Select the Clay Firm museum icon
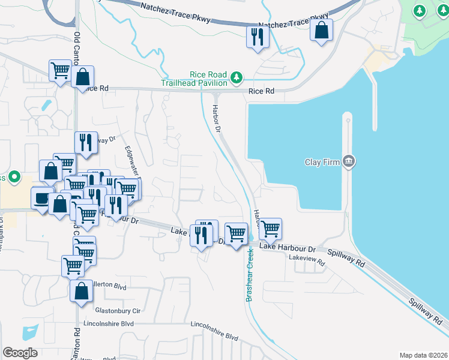[349, 161]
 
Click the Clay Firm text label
[322, 162]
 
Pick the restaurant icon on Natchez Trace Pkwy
[257, 38]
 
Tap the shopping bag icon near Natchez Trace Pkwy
[321, 29]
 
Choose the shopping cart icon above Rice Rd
[60, 71]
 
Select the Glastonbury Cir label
[118, 311]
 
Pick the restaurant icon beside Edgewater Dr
[86, 142]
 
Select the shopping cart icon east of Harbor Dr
[270, 228]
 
